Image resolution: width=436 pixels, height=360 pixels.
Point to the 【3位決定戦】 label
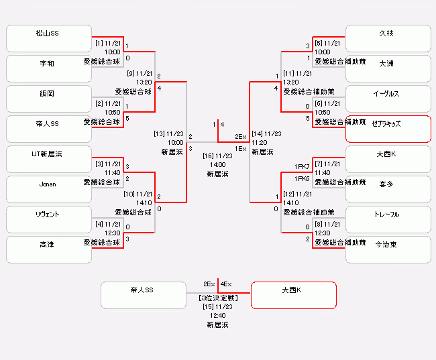click(218, 297)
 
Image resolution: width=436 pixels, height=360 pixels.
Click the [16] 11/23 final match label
click(218, 155)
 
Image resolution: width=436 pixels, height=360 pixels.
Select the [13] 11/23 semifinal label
click(169, 133)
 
